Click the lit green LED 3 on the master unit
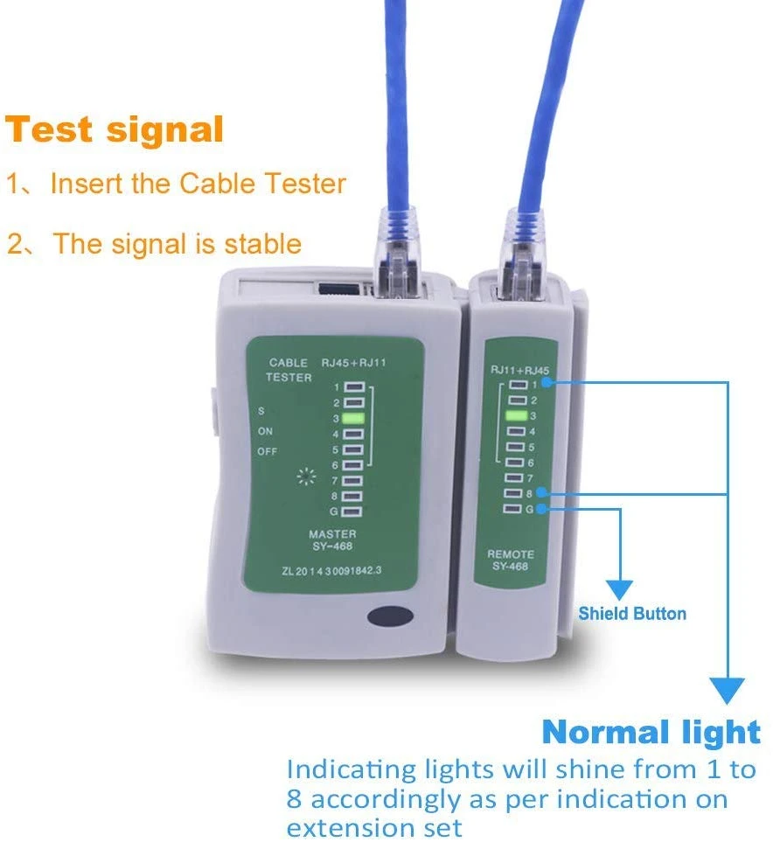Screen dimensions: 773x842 (x=353, y=418)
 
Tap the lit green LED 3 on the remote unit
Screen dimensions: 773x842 (x=516, y=415)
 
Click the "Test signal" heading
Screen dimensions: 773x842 (x=114, y=129)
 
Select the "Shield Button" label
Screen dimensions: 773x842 (x=632, y=613)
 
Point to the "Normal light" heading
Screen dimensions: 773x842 (x=651, y=732)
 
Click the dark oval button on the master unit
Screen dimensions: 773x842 (x=391, y=616)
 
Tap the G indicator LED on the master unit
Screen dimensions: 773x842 (x=352, y=511)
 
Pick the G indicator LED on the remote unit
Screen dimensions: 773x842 (x=512, y=509)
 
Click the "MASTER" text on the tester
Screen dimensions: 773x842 (x=332, y=533)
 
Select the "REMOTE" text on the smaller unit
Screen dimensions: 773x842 (x=511, y=554)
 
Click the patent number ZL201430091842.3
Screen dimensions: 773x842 (x=331, y=570)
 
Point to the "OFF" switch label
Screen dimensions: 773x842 (x=267, y=452)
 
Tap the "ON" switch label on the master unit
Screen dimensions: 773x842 (x=265, y=431)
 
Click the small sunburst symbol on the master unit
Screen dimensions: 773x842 (x=306, y=477)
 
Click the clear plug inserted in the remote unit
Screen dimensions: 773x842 (x=522, y=255)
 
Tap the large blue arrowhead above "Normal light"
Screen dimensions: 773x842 (x=728, y=691)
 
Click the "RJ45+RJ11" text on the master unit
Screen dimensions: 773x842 (x=353, y=363)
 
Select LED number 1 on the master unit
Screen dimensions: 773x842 (x=354, y=387)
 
